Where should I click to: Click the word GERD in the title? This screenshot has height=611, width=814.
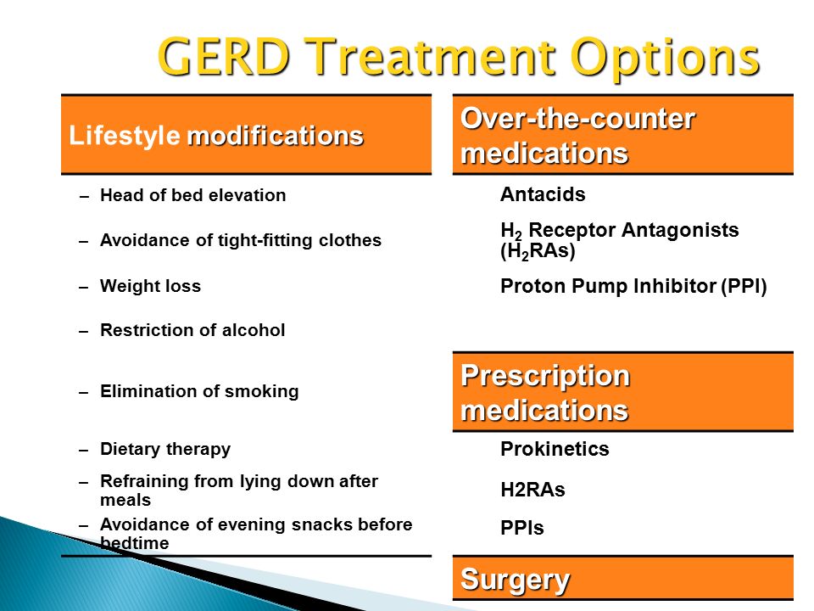(223, 57)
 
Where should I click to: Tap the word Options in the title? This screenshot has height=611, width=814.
(665, 59)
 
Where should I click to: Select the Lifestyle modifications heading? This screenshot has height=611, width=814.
(216, 136)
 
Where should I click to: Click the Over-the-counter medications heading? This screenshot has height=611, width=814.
(577, 136)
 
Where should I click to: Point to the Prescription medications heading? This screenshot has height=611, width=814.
(545, 393)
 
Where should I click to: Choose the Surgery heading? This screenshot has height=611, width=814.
(515, 580)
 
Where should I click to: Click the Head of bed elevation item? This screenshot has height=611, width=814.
(192, 195)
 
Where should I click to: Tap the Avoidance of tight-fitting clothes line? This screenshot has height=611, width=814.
(240, 240)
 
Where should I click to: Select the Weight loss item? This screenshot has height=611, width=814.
(150, 286)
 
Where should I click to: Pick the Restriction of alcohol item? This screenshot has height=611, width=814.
(192, 330)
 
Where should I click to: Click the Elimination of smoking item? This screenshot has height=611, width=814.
(199, 391)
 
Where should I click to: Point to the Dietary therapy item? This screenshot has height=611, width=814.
(165, 449)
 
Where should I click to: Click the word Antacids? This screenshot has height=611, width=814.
(543, 194)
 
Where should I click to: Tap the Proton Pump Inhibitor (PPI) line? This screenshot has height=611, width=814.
(633, 286)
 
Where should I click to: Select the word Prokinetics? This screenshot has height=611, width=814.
(555, 449)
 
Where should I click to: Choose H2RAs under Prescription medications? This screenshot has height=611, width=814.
(532, 490)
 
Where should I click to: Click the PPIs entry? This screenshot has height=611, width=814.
(521, 528)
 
